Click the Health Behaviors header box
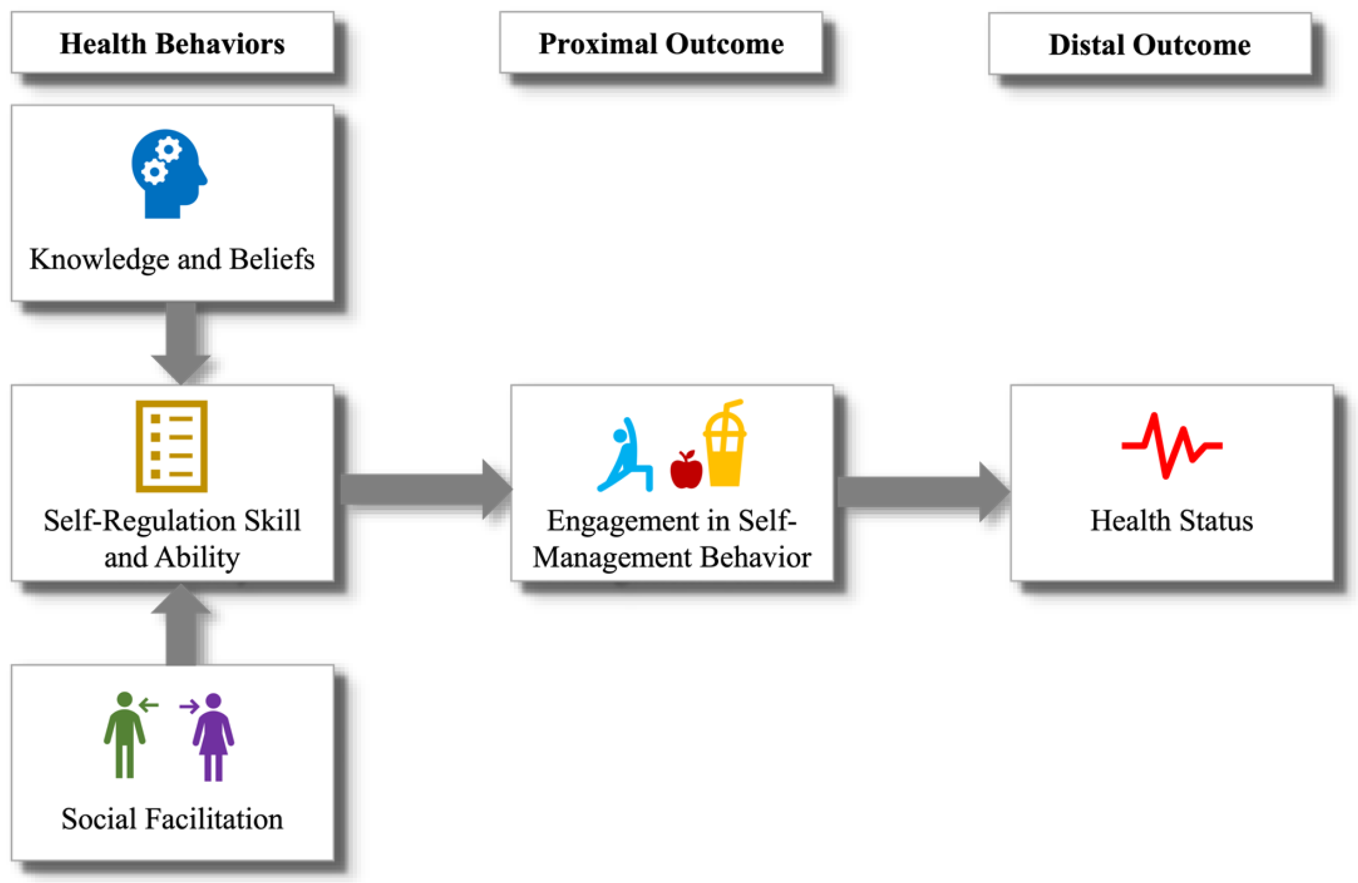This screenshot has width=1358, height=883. pyautogui.click(x=172, y=44)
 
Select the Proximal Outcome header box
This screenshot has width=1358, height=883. pyautogui.click(x=660, y=44)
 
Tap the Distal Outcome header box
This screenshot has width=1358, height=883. pyautogui.click(x=1149, y=45)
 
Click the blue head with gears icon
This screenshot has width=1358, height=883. pyautogui.click(x=167, y=173)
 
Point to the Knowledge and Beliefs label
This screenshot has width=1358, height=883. pyautogui.click(x=172, y=259)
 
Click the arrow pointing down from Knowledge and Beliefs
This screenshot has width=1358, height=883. pyautogui.click(x=181, y=342)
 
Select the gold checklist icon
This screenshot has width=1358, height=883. pyautogui.click(x=171, y=446)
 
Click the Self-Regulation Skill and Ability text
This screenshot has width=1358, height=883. pyautogui.click(x=172, y=538)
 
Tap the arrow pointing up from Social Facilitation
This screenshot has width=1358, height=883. pyautogui.click(x=181, y=626)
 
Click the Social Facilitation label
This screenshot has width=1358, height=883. pyautogui.click(x=172, y=819)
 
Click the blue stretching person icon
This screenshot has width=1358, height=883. pyautogui.click(x=625, y=457)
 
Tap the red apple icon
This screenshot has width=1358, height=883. pyautogui.click(x=686, y=471)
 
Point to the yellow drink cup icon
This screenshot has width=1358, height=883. pyautogui.click(x=724, y=445)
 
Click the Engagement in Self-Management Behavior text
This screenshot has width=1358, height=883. pyautogui.click(x=671, y=539)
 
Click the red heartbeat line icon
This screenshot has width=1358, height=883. pyautogui.click(x=1171, y=446)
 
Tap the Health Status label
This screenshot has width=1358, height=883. pyautogui.click(x=1171, y=520)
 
